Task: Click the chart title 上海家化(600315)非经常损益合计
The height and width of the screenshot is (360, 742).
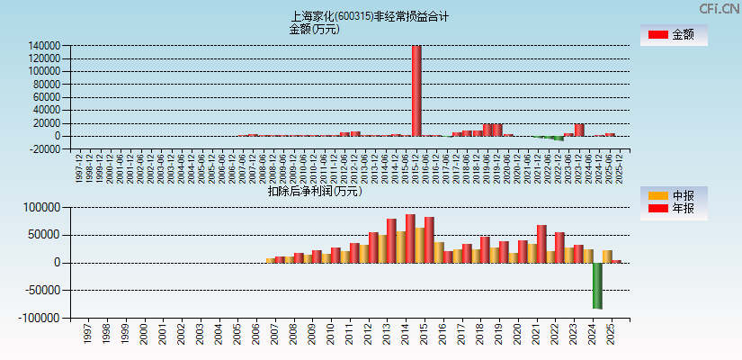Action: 370,16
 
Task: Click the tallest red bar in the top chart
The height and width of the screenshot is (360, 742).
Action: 416,90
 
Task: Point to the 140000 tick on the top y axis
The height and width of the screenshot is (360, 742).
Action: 44,46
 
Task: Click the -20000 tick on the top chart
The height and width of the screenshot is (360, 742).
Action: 44,149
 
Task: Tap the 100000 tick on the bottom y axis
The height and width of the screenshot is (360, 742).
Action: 42,207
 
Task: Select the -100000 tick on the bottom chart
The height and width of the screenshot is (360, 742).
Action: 40,319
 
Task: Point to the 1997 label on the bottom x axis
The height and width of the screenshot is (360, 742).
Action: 87,335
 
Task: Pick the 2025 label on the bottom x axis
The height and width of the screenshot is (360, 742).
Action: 611,335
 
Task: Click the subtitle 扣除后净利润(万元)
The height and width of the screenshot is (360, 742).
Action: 315,191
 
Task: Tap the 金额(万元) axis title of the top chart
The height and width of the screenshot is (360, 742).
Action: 314,29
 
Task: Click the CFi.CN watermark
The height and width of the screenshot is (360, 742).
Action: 719,9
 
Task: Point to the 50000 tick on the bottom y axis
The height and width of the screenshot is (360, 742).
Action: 44,235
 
